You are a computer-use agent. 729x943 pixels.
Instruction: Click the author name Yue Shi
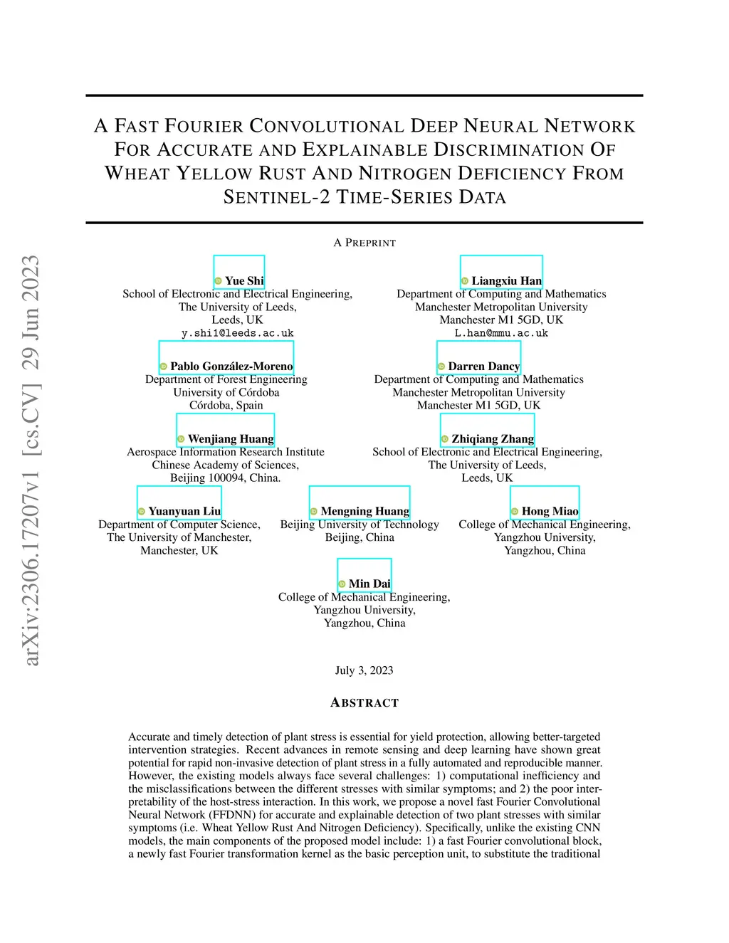(x=244, y=281)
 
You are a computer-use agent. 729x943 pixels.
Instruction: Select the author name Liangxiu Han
(x=506, y=281)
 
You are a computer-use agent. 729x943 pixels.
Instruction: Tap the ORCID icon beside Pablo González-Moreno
(x=164, y=367)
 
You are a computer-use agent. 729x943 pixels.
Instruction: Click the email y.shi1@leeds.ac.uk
(x=237, y=333)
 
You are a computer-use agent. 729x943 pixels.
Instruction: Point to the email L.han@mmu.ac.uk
(x=501, y=333)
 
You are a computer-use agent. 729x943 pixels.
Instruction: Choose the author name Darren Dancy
(x=483, y=367)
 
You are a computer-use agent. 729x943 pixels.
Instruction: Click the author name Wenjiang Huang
(x=231, y=439)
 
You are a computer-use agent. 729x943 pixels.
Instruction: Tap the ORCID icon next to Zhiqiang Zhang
(x=445, y=439)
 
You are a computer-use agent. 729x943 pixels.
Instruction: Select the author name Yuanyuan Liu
(x=184, y=512)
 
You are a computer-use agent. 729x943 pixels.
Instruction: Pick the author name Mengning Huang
(x=364, y=512)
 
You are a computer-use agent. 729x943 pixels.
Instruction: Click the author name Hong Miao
(x=550, y=512)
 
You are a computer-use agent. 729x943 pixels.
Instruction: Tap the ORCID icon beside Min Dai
(x=342, y=584)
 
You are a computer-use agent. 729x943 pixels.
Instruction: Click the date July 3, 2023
(x=364, y=670)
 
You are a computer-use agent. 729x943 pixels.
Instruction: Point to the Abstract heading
(x=364, y=703)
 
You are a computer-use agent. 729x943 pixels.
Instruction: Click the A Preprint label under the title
(x=364, y=243)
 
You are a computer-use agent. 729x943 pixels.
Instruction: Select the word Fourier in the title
(x=204, y=127)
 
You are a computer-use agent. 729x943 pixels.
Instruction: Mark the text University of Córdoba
(x=226, y=393)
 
